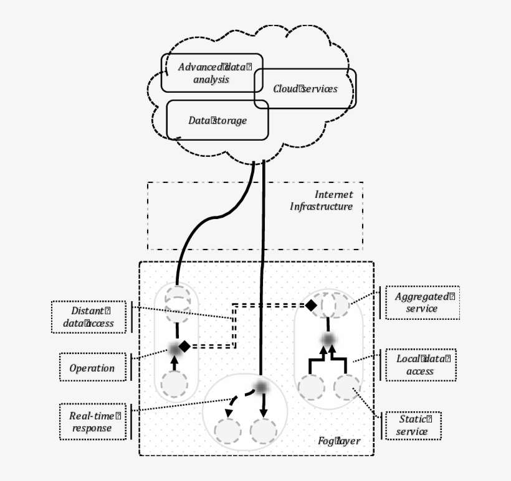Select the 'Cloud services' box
click(x=305, y=89)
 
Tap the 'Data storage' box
click(x=217, y=120)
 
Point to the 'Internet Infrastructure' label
click(x=322, y=201)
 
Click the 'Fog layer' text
click(x=338, y=441)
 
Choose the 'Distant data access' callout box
click(x=88, y=317)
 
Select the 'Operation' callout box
click(x=92, y=368)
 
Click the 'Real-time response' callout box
click(x=92, y=421)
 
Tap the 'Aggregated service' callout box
click(x=422, y=302)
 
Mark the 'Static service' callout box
click(x=412, y=426)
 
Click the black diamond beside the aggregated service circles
click(x=310, y=305)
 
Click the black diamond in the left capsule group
click(x=184, y=346)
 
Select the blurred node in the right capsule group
click(x=328, y=339)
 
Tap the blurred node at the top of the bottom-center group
click(x=262, y=387)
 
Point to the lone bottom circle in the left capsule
click(x=174, y=385)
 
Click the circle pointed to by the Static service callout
click(x=346, y=387)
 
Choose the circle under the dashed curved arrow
click(x=228, y=431)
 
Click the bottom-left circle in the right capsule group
click(x=311, y=387)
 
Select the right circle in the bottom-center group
click(x=264, y=431)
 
